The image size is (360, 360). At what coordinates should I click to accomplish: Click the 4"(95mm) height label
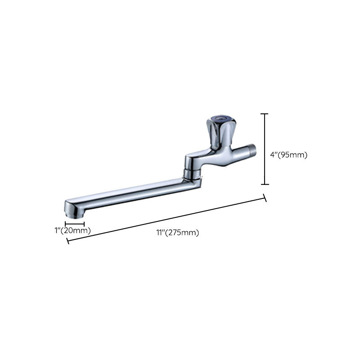pos(288,155)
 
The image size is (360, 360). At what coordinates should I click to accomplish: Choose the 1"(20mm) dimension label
pos(72,230)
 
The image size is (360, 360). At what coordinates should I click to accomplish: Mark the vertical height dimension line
pos(265,148)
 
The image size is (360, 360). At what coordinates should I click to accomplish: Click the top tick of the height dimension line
pos(265,114)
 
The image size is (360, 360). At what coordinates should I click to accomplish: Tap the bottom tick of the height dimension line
pos(265,184)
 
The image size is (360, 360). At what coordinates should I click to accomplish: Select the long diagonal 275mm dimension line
pos(166,220)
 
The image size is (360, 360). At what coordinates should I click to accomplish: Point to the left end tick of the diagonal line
pos(67,241)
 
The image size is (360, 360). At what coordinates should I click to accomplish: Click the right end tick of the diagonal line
pos(265,198)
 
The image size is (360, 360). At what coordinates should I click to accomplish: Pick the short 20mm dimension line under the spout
pos(75,223)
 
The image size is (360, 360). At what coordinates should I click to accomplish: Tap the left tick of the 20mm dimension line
pos(65,223)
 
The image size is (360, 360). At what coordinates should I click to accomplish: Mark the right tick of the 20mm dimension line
pos(84,223)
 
